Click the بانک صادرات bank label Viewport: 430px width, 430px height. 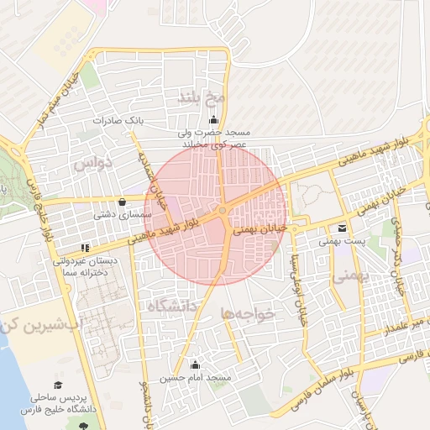tap(118, 121)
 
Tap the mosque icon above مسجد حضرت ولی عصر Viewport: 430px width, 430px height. tap(212, 118)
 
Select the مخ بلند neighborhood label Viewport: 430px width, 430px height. tap(199, 98)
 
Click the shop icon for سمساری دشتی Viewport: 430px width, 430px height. tap(123, 202)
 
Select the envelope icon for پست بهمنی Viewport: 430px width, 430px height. tap(342, 228)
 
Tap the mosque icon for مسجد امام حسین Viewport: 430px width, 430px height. tap(196, 364)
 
